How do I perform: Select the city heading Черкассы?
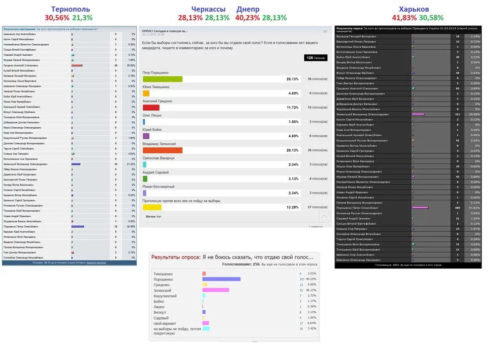tap(209, 9)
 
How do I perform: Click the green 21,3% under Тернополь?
tap(82, 17)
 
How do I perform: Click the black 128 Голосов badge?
tap(316, 58)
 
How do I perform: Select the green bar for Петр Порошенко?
tap(163, 79)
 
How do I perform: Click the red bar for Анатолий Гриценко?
tap(151, 107)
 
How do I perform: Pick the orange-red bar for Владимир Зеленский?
tap(163, 150)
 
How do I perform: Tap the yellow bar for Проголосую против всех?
tap(152, 207)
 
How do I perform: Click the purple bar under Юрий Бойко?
tap(146, 136)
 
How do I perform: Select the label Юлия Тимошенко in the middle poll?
tap(156, 87)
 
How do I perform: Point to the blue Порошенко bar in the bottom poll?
tap(221, 279)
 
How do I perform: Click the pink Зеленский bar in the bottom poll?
tap(216, 290)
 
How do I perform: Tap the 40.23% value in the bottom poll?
tap(312, 279)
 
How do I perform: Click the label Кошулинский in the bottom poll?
tap(166, 296)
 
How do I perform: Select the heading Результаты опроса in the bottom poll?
tap(175, 257)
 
